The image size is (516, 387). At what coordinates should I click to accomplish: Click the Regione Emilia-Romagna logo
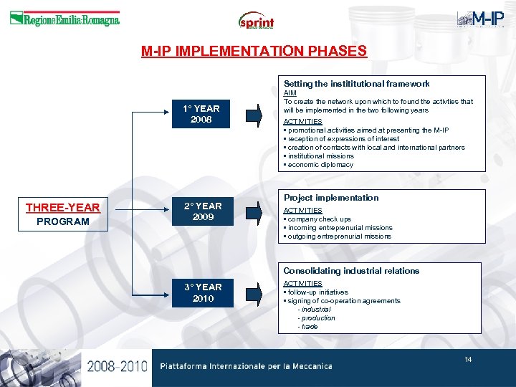pos(64,20)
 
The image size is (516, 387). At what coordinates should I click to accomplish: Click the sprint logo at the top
pos(256,21)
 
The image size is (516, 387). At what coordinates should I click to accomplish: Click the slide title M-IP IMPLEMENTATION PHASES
pos(254,52)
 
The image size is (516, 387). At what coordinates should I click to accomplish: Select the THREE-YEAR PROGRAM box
pos(63,214)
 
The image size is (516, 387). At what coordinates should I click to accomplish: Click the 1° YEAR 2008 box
pos(201,114)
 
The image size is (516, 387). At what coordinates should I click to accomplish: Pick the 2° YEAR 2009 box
pos(203,211)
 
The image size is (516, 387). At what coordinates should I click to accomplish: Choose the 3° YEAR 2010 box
pos(203,292)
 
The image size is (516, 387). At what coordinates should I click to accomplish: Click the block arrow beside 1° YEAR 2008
pos(254,114)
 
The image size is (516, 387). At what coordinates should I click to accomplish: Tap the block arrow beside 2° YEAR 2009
pos(254,212)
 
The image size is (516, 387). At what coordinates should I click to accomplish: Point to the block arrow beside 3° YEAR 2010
pos(254,293)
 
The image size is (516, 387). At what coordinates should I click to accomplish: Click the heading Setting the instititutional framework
pos(356,85)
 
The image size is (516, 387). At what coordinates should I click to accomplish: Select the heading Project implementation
pos(331,198)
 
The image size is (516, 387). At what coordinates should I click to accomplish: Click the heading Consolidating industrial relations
pos(351,271)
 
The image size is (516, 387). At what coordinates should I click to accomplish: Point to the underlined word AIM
pos(290,93)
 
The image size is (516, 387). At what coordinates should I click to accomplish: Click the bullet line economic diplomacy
pos(320,165)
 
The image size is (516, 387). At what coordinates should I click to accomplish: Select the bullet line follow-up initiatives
pos(317,292)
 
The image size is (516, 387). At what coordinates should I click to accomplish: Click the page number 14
pos(468,359)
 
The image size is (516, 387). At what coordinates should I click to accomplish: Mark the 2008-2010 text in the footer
pos(118,366)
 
